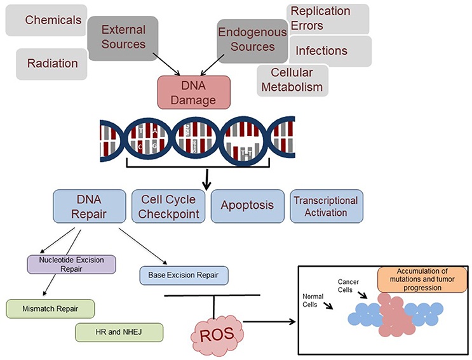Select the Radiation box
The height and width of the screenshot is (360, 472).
[53, 63]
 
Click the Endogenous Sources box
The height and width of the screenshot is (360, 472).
[246, 39]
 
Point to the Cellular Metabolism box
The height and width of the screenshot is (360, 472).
[293, 79]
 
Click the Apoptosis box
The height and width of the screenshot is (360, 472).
[246, 206]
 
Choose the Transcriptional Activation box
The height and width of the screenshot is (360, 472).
[327, 206]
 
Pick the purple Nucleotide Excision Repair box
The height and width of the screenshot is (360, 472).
[71, 263]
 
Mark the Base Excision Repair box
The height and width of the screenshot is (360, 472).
[183, 274]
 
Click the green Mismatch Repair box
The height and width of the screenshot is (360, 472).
[50, 309]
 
